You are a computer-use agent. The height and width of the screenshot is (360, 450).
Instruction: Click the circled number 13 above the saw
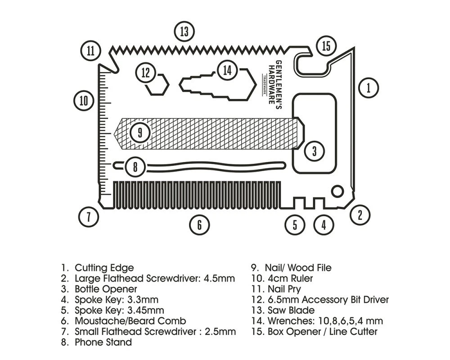pyautogui.click(x=184, y=32)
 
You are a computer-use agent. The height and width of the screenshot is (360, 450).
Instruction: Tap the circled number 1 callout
pyautogui.click(x=369, y=87)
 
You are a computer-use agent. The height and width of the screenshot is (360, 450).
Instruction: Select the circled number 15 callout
pyautogui.click(x=326, y=46)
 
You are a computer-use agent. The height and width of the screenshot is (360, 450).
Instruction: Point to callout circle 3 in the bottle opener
pyautogui.click(x=314, y=151)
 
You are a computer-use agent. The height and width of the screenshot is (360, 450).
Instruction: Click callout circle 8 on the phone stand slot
pyautogui.click(x=135, y=167)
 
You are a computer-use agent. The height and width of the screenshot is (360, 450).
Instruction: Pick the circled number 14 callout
pyautogui.click(x=227, y=71)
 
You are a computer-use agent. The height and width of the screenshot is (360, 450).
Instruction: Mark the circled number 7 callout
pyautogui.click(x=89, y=217)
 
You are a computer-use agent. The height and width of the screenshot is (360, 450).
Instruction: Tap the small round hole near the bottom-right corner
pyautogui.click(x=336, y=192)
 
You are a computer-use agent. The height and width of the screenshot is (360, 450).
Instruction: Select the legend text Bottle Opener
pyautogui.click(x=106, y=289)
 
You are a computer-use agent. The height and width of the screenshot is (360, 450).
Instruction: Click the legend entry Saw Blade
pyautogui.click(x=291, y=310)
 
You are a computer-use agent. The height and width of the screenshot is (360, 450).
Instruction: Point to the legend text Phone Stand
pyautogui.click(x=103, y=342)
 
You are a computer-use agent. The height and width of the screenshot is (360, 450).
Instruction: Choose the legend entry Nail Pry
pyautogui.click(x=284, y=289)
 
